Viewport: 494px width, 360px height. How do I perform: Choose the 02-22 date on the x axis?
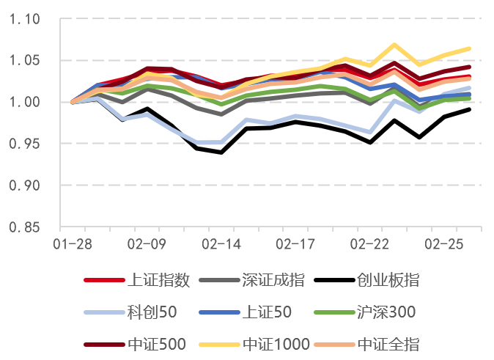coord(370,242)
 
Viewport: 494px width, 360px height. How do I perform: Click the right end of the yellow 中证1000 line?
coord(470,48)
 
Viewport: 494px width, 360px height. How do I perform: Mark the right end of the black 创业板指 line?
coord(470,109)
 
